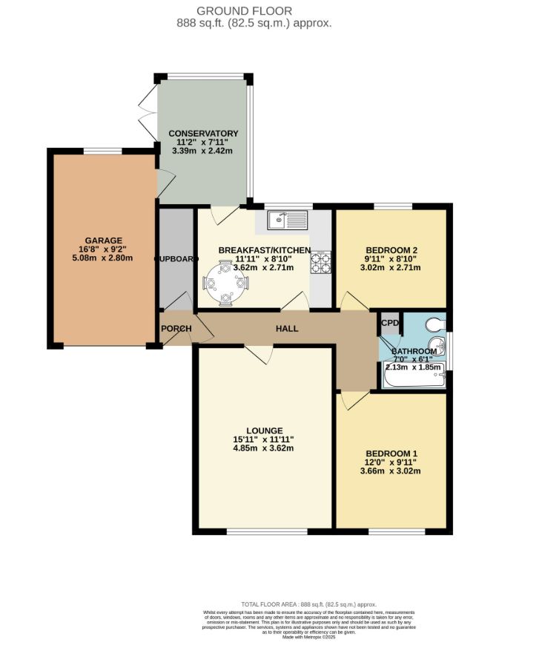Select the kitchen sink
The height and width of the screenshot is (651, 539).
[288, 220]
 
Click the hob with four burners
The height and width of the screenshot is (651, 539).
[321, 261]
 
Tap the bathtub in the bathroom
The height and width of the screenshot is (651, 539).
[414, 379]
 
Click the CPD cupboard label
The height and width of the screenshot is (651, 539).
[389, 323]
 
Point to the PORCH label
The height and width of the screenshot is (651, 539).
[176, 329]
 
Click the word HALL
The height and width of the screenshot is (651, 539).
[287, 327]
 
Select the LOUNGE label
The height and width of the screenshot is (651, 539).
[265, 431]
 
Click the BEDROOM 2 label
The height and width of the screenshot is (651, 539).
[392, 249]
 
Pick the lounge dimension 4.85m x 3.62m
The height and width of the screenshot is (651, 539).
[265, 448]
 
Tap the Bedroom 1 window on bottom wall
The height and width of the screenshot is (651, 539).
[397, 531]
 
